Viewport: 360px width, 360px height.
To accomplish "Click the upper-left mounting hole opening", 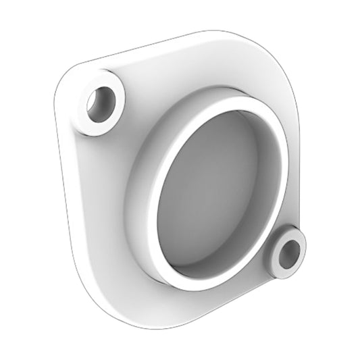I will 102,105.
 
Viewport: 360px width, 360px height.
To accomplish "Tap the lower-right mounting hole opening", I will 288,253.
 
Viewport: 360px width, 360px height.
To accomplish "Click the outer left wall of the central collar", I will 145,196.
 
